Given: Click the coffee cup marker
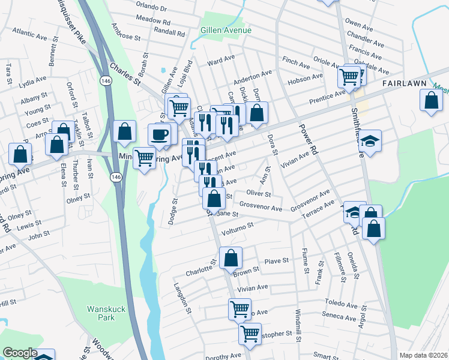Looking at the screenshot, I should (160, 134).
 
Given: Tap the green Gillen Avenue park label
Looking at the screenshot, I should (226, 30).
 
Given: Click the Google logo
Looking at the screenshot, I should (20, 353).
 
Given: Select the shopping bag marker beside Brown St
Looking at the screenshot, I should (231, 258).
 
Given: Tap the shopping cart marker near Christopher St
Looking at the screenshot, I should (250, 333).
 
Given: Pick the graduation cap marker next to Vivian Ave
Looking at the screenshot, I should (370, 140).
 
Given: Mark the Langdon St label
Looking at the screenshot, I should (182, 298).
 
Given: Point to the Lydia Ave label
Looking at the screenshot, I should (33, 79).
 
